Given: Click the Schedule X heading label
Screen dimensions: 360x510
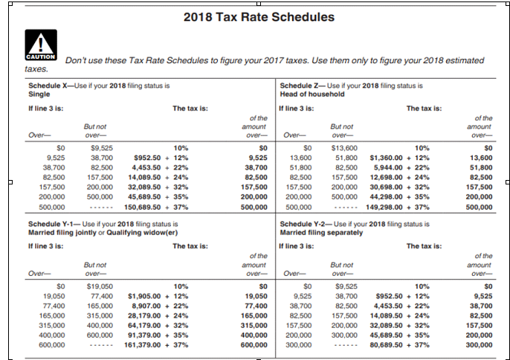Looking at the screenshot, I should click(49, 86).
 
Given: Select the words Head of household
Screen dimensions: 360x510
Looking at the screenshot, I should click(312, 94).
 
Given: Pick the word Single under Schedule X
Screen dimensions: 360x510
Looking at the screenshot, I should click(39, 94).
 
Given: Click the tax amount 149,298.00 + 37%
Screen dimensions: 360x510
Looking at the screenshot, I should click(399, 208).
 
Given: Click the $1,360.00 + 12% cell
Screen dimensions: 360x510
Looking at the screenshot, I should click(399, 158).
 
